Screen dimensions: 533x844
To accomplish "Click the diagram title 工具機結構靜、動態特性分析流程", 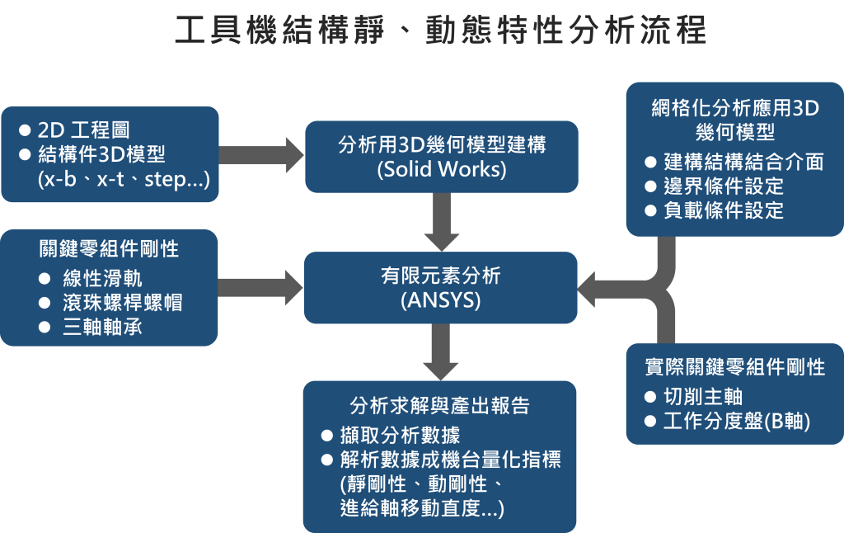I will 441,31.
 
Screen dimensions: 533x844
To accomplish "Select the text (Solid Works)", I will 441,170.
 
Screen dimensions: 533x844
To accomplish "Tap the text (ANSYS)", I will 441,300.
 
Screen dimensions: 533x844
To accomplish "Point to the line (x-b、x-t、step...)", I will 124,180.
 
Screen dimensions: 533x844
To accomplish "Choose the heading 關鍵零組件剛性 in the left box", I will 109,248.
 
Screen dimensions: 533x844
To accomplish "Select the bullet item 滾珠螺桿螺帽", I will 122,303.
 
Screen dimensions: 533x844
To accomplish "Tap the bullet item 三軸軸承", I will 102,327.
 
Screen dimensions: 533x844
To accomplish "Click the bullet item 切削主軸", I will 703,397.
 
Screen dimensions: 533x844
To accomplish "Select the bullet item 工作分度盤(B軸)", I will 737,422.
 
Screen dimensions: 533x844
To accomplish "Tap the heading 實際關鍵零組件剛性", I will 734,368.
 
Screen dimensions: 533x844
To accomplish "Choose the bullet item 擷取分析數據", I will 400,436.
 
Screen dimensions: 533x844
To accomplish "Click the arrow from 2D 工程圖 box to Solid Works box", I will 260,154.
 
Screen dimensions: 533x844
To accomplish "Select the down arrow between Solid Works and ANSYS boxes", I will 441,222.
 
